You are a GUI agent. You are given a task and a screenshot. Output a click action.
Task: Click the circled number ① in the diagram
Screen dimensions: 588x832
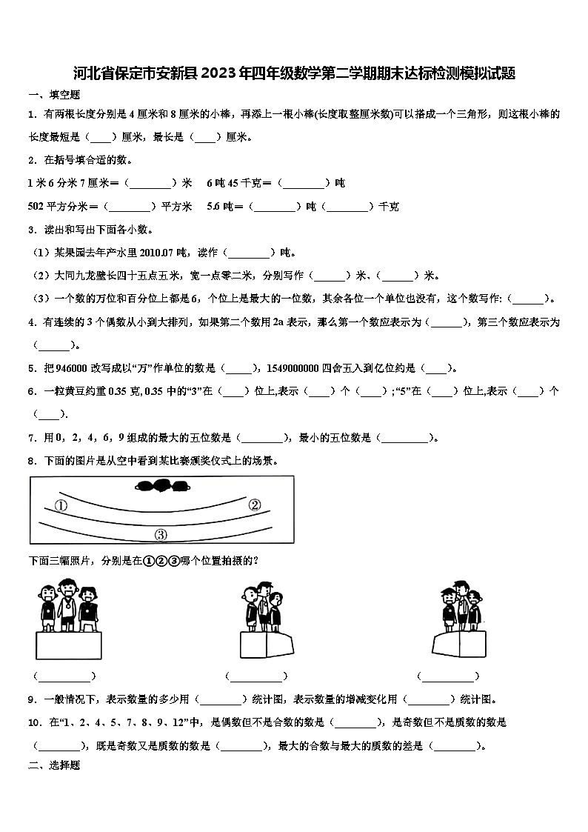[61, 506]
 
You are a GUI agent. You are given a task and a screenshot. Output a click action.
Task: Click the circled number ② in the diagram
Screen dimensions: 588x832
[254, 505]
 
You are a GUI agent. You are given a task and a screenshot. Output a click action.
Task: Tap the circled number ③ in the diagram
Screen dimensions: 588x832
[161, 535]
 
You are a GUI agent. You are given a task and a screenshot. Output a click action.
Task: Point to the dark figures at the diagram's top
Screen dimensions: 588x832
[162, 486]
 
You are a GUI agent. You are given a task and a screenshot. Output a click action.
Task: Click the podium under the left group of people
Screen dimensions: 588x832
[69, 645]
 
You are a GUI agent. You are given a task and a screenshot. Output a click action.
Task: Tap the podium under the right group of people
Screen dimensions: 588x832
[459, 644]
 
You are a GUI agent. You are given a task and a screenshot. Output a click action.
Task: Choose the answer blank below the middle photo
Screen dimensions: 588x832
[256, 676]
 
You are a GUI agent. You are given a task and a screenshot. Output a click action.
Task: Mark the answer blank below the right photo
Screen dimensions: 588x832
[448, 676]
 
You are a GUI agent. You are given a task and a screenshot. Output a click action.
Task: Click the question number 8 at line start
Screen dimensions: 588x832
[32, 461]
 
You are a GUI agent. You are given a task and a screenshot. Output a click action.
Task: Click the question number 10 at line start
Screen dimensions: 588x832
[35, 722]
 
